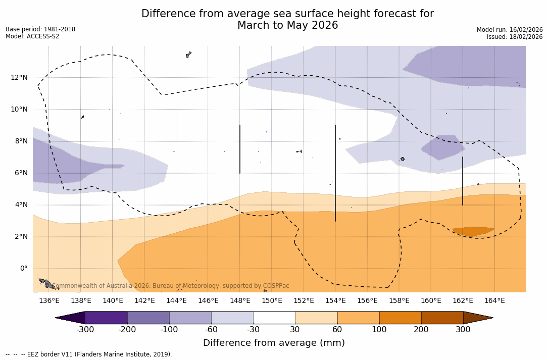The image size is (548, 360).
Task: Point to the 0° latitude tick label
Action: pyautogui.click(x=24, y=269)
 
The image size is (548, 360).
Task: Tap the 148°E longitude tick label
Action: pyautogui.click(x=240, y=301)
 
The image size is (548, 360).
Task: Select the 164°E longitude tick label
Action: pyautogui.click(x=494, y=301)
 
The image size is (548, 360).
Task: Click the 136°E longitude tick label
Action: pyautogui.click(x=49, y=301)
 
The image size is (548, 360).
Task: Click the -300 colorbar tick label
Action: pyautogui.click(x=85, y=330)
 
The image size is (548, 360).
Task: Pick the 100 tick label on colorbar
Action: pyautogui.click(x=379, y=330)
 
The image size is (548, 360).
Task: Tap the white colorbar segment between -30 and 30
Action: pyautogui.click(x=274, y=318)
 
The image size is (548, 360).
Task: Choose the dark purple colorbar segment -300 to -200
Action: pyautogui.click(x=106, y=318)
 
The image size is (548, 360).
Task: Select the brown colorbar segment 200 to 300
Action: pyautogui.click(x=442, y=318)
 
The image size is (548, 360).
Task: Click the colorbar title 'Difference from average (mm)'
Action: pyautogui.click(x=274, y=343)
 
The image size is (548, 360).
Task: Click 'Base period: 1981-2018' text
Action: pyautogui.click(x=40, y=29)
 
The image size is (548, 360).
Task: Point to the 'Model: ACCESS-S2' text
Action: pyautogui.click(x=32, y=36)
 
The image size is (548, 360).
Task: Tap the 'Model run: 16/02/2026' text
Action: pyautogui.click(x=510, y=30)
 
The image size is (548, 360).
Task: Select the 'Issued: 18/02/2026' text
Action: pyautogui.click(x=515, y=37)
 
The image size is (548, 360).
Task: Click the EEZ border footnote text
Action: pyautogui.click(x=89, y=354)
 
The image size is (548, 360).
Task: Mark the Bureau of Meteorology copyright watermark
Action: pyautogui.click(x=171, y=286)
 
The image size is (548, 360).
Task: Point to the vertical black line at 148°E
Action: pyautogui.click(x=240, y=149)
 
